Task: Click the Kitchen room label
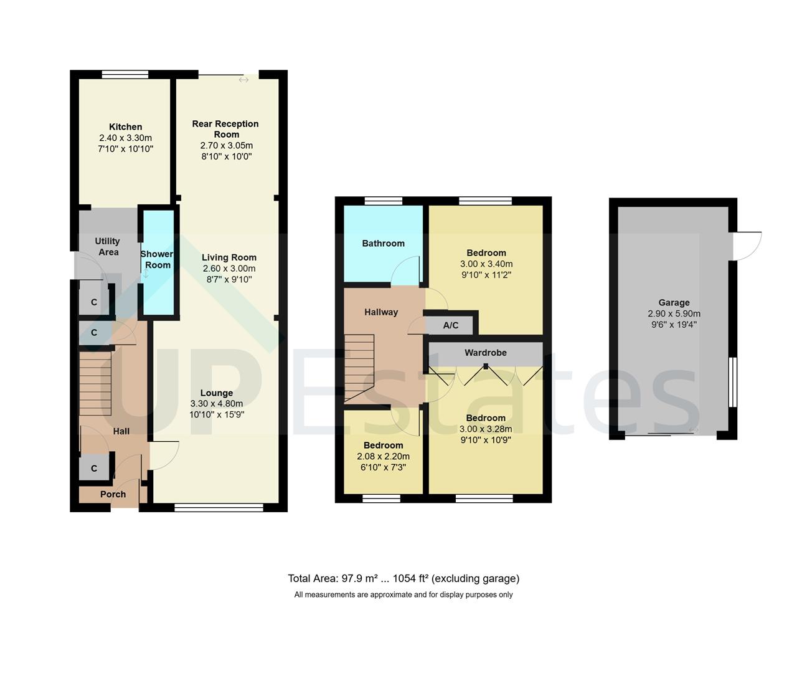[x=125, y=126]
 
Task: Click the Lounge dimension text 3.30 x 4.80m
[x=216, y=403]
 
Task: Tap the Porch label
[x=113, y=494]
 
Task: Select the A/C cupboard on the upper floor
[x=451, y=325]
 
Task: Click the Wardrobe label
[x=485, y=353]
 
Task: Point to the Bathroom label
[x=383, y=243]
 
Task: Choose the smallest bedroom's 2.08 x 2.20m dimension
[x=383, y=456]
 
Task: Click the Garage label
[x=674, y=303]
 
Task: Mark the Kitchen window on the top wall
[x=125, y=74]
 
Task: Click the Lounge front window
[x=219, y=507]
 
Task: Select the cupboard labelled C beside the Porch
[x=94, y=468]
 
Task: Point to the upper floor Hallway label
[x=381, y=312]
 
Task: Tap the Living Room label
[x=229, y=257]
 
